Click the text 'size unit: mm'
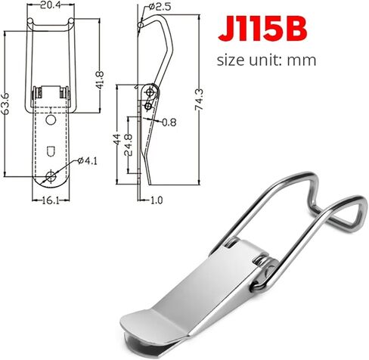[x=266, y=61]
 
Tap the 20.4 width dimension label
[x=51, y=5]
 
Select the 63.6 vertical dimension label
[x=5, y=104]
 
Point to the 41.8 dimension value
[x=100, y=80]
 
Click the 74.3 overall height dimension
[x=199, y=100]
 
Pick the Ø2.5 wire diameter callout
[x=160, y=7]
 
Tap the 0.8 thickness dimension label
[x=169, y=123]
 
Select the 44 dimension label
[x=116, y=139]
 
